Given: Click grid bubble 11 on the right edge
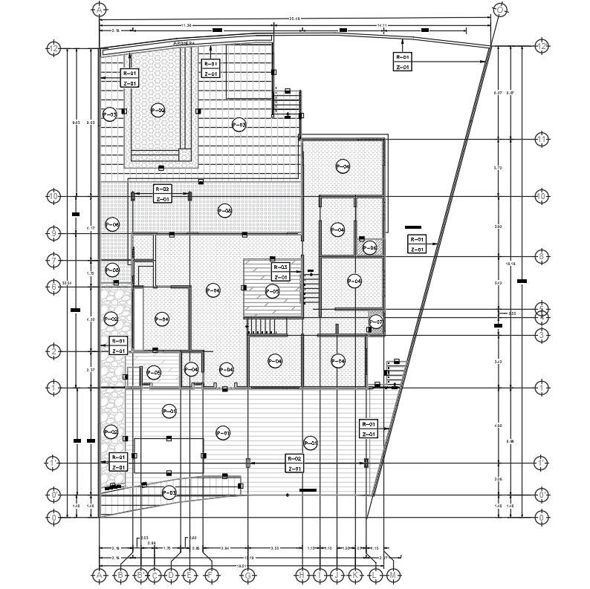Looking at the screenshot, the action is click(542, 140).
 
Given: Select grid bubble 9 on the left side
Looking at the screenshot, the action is click(54, 234).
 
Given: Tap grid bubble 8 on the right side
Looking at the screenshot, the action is click(542, 257).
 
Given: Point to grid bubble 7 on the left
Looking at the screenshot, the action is click(54, 261).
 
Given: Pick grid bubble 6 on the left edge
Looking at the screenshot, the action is click(54, 287).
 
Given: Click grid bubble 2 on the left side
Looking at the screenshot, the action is click(54, 351).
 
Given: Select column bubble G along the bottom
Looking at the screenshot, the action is click(248, 575).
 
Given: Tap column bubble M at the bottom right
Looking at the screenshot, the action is click(393, 575).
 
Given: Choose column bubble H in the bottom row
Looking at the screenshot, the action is click(302, 575).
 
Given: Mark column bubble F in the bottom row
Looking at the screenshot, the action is click(211, 575).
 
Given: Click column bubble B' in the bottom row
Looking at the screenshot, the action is click(140, 575).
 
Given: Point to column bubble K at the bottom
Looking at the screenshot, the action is click(356, 575).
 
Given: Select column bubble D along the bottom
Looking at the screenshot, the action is click(171, 575).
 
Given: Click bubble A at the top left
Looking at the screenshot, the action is click(99, 9).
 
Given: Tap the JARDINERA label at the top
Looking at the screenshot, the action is click(184, 44).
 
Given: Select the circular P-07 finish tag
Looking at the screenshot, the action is click(376, 322).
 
